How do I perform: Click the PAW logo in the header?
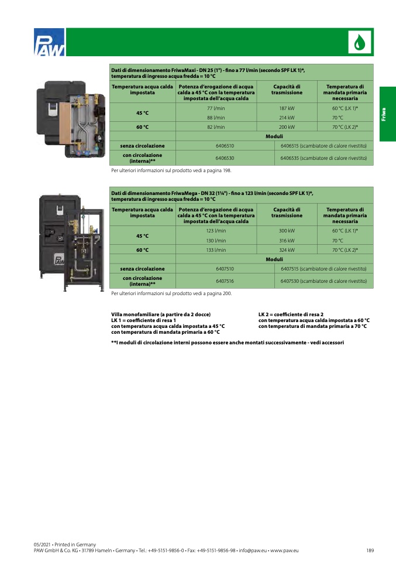coord(49,42)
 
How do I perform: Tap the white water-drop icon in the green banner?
coord(360,42)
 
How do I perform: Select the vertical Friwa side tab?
coord(388,114)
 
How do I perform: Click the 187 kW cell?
coord(287,108)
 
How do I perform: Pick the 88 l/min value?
coord(216,117)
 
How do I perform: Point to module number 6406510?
coord(225,146)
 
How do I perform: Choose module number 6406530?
coord(225,158)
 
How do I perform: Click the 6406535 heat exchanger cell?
coord(323,158)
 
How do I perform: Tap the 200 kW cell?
coord(287,126)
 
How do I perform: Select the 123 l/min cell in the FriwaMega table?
coord(216,231)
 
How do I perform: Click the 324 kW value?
coord(287,249)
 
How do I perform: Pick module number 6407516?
coord(225,281)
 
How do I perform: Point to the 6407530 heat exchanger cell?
coord(323,281)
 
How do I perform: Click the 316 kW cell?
coord(287,241)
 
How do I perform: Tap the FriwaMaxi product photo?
coord(71,119)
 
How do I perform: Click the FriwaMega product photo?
coord(71,243)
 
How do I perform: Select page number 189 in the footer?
coord(370,550)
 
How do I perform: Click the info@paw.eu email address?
coord(253,550)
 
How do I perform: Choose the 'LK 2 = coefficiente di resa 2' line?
coord(291,314)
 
